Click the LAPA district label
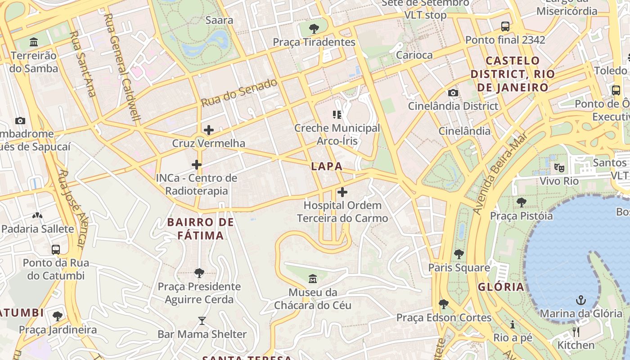click(x=327, y=166)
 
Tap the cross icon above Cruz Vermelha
click(x=209, y=130)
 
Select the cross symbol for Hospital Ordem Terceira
click(x=342, y=193)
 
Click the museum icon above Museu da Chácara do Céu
click(x=313, y=279)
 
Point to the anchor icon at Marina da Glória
click(x=581, y=300)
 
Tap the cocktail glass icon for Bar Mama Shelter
click(x=202, y=321)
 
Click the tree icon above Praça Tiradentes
click(x=314, y=29)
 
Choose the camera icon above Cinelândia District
click(x=453, y=93)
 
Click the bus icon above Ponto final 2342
click(x=505, y=27)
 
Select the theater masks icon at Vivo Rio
click(x=559, y=168)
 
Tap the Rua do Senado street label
click(x=239, y=93)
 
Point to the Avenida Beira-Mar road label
click(x=499, y=173)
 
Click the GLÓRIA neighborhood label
click(x=501, y=287)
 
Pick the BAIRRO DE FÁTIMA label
click(x=201, y=229)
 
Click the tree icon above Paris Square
click(x=459, y=254)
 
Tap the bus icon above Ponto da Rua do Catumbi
click(x=56, y=249)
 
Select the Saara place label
click(x=219, y=20)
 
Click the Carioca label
click(x=414, y=55)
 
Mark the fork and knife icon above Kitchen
click(x=576, y=332)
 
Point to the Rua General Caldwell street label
click(x=122, y=67)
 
